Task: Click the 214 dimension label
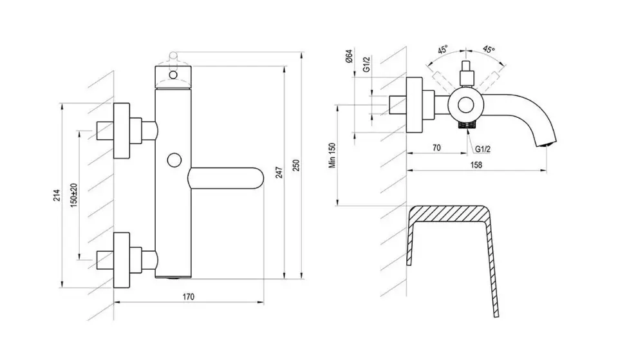click(x=57, y=195)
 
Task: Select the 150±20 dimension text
click(x=75, y=194)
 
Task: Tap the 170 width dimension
click(x=189, y=296)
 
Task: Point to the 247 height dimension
click(x=279, y=173)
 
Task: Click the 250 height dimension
click(x=297, y=166)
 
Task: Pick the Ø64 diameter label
click(x=348, y=56)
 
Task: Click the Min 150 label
click(x=333, y=155)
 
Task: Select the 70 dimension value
click(x=436, y=148)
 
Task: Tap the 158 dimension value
click(x=476, y=164)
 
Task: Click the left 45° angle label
click(x=443, y=50)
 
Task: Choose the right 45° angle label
click(x=489, y=50)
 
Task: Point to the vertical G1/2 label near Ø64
click(x=366, y=64)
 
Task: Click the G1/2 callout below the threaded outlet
click(x=482, y=149)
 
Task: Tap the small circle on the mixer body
click(x=174, y=160)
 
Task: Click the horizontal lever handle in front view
click(x=225, y=178)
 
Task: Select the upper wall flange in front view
click(x=122, y=131)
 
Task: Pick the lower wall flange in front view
click(x=122, y=260)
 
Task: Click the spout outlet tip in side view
click(x=548, y=145)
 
